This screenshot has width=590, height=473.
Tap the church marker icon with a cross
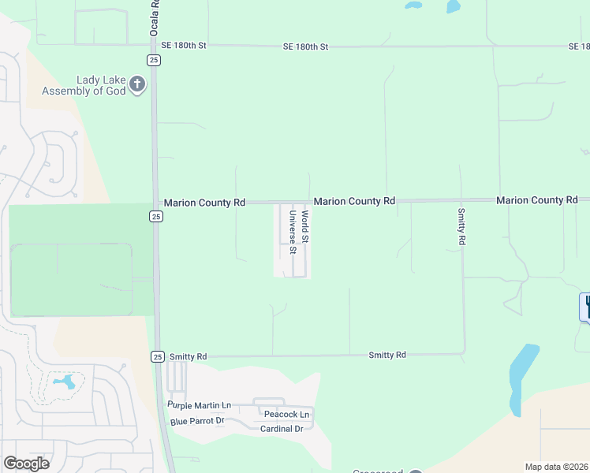click(x=138, y=84)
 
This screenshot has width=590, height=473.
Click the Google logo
click(x=26, y=464)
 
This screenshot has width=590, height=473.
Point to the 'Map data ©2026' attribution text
click(x=555, y=467)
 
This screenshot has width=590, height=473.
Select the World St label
click(x=304, y=226)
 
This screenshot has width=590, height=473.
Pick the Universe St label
click(x=293, y=232)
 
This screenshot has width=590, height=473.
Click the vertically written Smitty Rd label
click(x=461, y=225)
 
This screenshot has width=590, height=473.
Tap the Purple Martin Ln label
click(x=199, y=405)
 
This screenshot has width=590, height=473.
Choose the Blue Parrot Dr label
click(x=197, y=421)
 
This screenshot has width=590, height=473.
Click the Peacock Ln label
click(x=287, y=415)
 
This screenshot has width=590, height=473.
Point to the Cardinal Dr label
click(x=282, y=429)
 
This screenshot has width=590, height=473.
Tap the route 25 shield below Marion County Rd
click(x=156, y=217)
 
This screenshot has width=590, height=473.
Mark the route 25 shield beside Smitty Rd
click(x=157, y=357)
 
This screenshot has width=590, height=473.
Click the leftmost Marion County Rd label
click(x=204, y=203)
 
